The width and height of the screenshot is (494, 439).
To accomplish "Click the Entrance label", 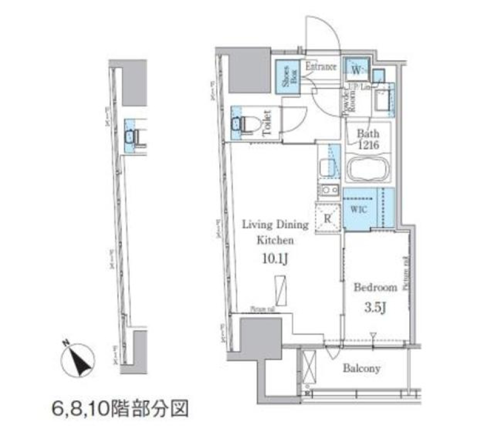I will pyautogui.click(x=321, y=67).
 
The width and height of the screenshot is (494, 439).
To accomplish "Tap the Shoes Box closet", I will pyautogui.click(x=286, y=78).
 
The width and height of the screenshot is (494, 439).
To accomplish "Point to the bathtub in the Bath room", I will pyautogui.click(x=368, y=169).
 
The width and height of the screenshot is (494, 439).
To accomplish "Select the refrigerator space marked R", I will pyautogui.click(x=327, y=216).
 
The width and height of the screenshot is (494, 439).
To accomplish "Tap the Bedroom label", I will pyautogui.click(x=375, y=287).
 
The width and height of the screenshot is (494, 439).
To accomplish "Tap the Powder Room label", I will pyautogui.click(x=346, y=101).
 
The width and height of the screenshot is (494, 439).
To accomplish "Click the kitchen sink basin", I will pyautogui.click(x=326, y=167).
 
